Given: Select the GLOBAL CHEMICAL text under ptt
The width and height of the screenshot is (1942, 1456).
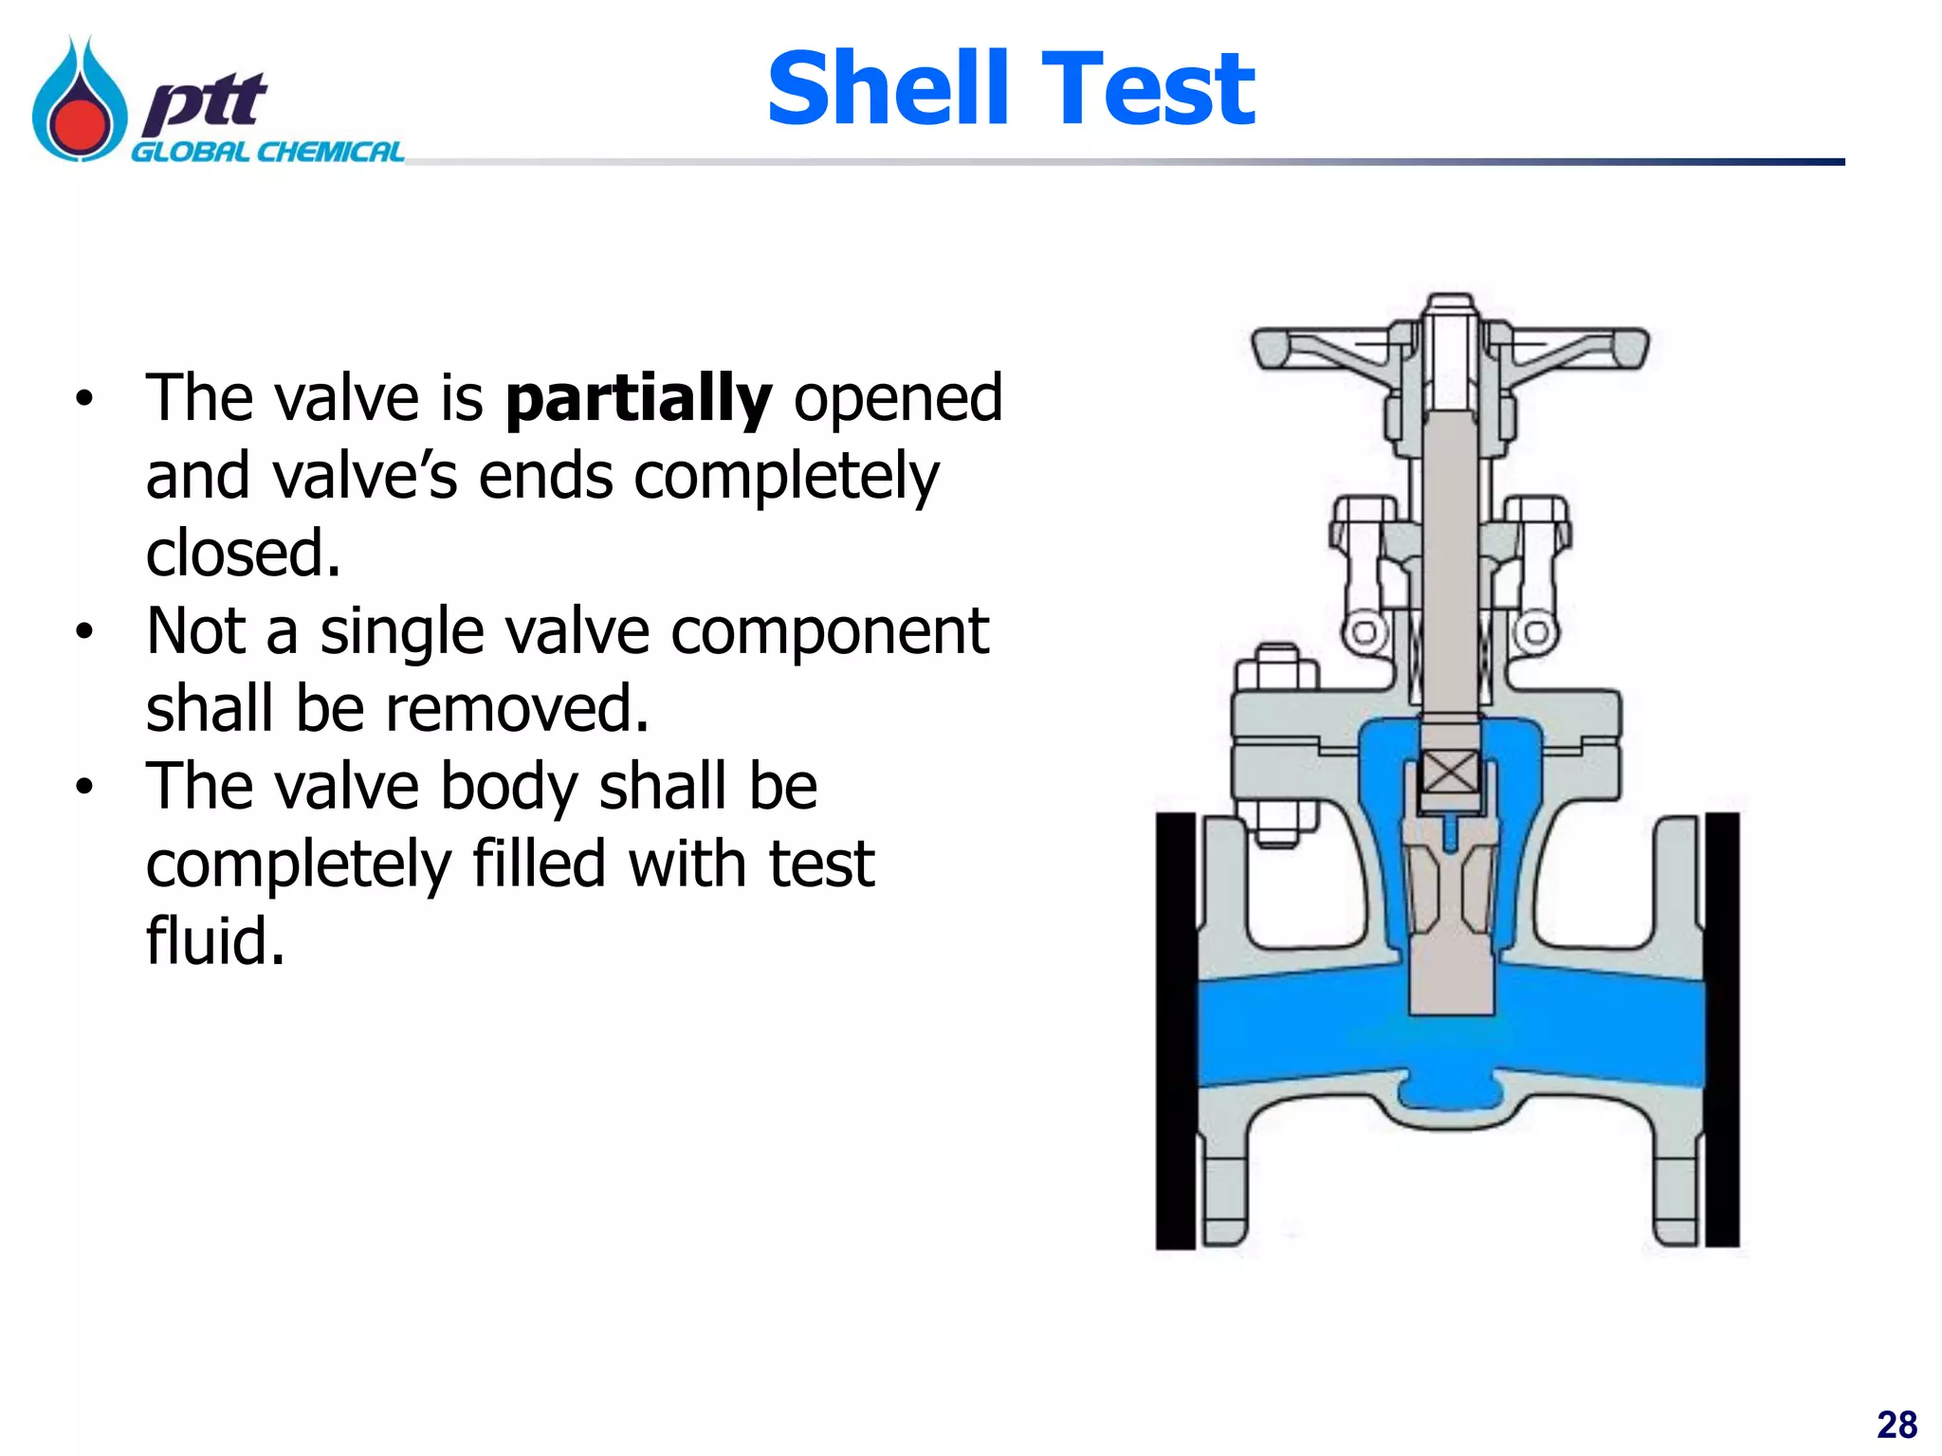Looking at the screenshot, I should (x=267, y=153).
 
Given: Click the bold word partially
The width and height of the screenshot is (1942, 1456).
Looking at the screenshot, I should (x=638, y=398).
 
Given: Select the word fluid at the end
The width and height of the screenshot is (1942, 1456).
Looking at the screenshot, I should (x=214, y=941).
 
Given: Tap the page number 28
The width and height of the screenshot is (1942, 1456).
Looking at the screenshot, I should (x=1896, y=1425).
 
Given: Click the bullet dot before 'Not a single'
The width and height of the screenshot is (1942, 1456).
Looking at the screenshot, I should (x=85, y=631).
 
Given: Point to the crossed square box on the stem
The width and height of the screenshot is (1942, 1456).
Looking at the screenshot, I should (x=1450, y=773).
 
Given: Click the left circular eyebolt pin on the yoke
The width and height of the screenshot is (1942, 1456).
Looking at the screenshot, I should (x=1364, y=632).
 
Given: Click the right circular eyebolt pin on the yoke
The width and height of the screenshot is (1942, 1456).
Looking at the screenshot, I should (x=1535, y=632).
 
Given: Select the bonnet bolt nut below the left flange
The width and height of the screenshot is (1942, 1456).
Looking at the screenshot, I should (x=1276, y=826).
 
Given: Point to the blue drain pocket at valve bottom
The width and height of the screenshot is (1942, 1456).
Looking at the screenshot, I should (x=1449, y=1095).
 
